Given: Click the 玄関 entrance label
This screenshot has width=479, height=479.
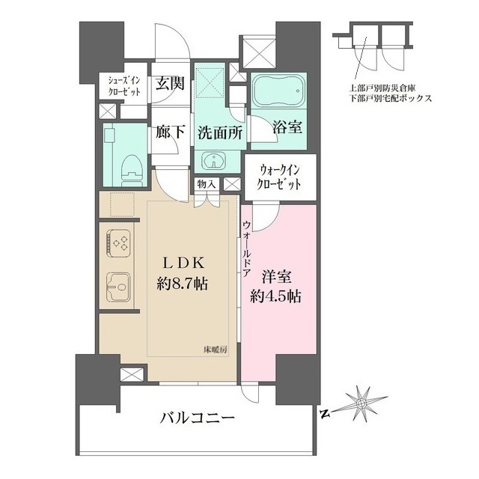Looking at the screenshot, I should coord(170,84).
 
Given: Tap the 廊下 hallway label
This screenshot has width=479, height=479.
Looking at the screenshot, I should coord(170,132).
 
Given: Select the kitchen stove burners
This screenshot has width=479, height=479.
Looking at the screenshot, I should coord(118,241).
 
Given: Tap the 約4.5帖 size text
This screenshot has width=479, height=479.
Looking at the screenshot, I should coord(277,295).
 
